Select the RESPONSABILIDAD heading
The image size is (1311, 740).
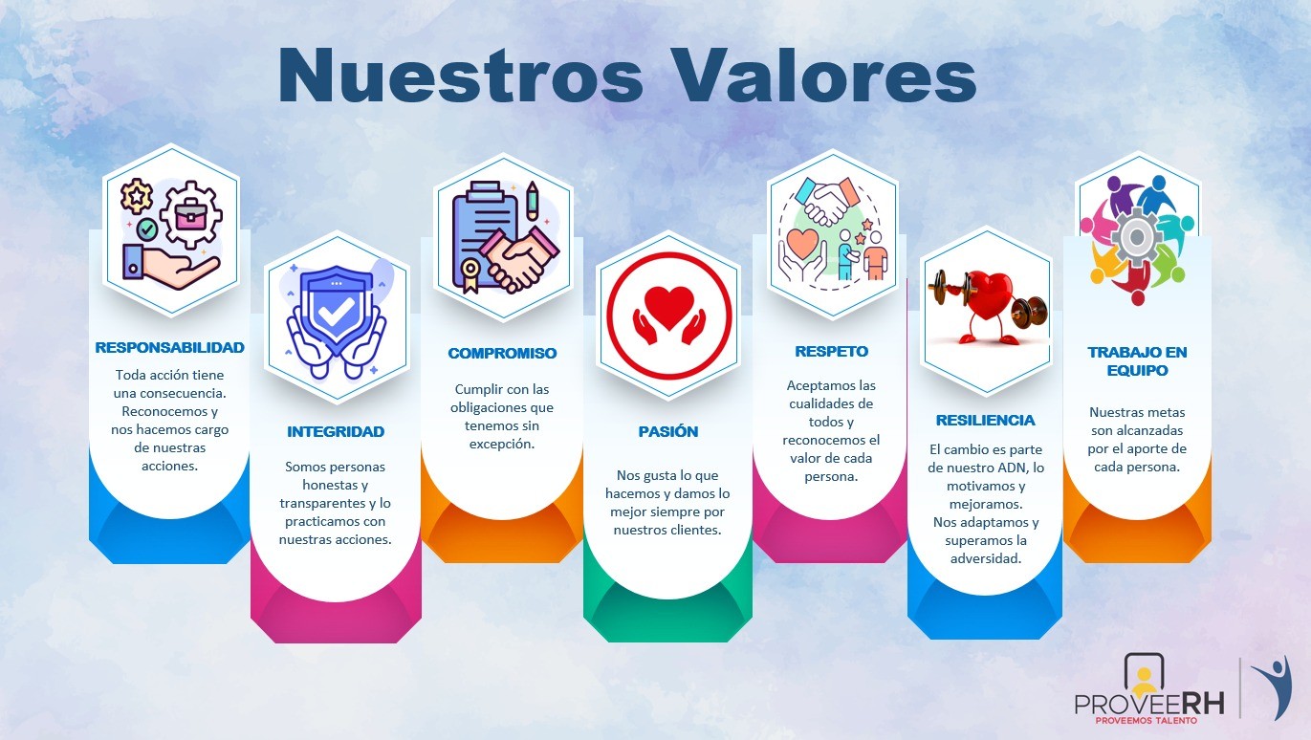[169, 348]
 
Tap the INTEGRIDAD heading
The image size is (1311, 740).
[336, 432]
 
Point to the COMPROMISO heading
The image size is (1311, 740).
[502, 354]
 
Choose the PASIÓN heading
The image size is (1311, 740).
[668, 432]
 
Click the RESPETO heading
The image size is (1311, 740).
[831, 352]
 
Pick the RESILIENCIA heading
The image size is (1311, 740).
[985, 421]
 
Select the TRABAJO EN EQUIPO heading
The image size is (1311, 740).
[1137, 361]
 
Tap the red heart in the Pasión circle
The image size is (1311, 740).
[668, 303]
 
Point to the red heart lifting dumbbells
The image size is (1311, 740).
[987, 296]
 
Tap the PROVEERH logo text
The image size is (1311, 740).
[1142, 704]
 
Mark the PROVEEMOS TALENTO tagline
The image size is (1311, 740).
[1146, 720]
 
